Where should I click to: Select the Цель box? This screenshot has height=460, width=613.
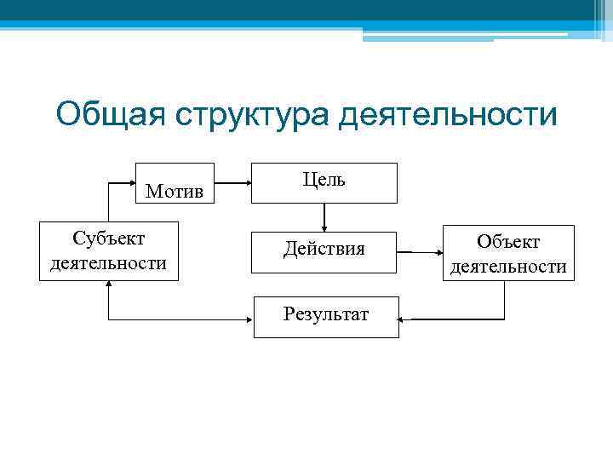point(324,182)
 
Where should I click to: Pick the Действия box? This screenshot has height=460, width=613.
point(324,250)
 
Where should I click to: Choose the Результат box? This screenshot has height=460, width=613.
point(326,316)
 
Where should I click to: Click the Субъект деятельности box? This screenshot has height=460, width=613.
point(108,250)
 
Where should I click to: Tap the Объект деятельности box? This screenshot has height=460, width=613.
point(508,253)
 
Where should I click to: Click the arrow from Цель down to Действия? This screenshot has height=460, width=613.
point(324,217)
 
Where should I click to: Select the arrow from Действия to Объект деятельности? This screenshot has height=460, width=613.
point(421,252)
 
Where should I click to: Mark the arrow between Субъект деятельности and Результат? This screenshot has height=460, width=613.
point(170,319)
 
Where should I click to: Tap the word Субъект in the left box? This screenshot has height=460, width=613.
point(108,238)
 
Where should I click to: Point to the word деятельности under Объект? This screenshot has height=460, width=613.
point(508,267)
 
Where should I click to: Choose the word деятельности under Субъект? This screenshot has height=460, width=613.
point(108,263)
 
